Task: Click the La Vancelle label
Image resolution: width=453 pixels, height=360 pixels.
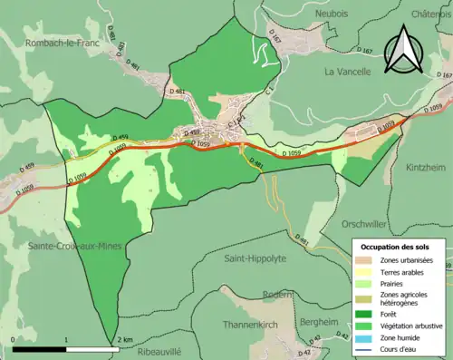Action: tap(348, 70)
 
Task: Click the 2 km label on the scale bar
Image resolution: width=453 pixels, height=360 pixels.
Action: tap(125, 340)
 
